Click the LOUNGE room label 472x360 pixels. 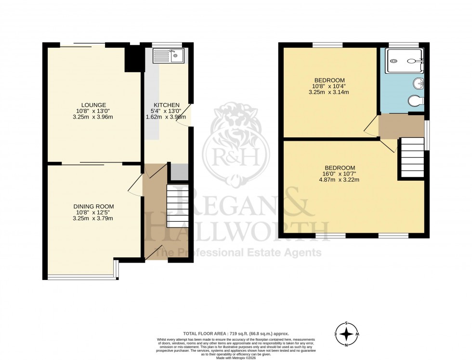[93, 105]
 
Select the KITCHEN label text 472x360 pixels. [167, 105]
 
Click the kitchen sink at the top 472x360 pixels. [168, 56]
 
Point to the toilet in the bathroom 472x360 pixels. [415, 101]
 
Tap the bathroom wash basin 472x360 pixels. [419, 84]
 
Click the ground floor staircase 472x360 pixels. [176, 206]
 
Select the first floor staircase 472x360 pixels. [411, 158]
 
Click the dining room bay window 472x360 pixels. [82, 277]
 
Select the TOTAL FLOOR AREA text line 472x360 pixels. [236, 333]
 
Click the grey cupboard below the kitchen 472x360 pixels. [179, 172]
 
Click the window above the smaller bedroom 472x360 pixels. [328, 45]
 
